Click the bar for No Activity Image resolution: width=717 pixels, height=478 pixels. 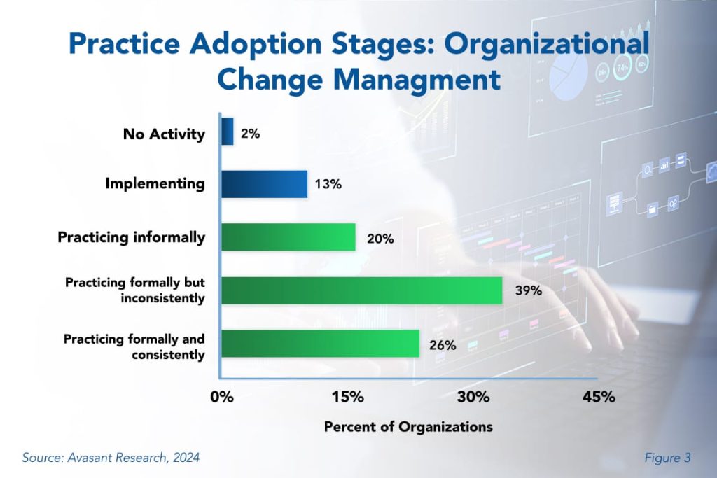click(x=228, y=131)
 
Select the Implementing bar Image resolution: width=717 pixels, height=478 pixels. click(x=264, y=184)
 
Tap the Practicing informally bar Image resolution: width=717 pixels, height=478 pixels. click(x=288, y=237)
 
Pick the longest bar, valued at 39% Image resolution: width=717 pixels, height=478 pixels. click(x=362, y=290)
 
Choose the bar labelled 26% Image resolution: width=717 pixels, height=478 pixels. click(x=321, y=344)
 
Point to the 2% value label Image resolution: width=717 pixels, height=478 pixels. click(x=251, y=133)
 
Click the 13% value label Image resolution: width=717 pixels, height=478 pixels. click(x=328, y=185)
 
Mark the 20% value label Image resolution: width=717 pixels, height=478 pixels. click(x=381, y=239)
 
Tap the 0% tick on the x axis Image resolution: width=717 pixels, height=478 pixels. click(x=222, y=397)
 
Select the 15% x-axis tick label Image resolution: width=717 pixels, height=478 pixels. click(x=347, y=397)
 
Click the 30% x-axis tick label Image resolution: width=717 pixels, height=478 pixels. click(x=473, y=397)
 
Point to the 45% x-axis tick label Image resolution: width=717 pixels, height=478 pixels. click(x=599, y=397)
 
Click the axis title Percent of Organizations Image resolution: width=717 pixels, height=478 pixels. click(x=408, y=426)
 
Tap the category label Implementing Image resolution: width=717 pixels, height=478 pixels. click(x=155, y=184)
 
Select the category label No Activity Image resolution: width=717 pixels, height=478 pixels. click(x=164, y=133)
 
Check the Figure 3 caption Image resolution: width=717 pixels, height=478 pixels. click(x=668, y=458)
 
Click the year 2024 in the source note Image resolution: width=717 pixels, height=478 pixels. click(x=184, y=458)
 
